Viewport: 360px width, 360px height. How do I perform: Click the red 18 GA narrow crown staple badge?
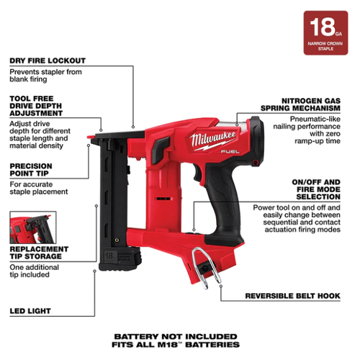[x=325, y=33]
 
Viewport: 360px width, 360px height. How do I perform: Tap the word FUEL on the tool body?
[x=230, y=152]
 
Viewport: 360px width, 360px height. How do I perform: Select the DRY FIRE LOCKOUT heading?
[x=48, y=60]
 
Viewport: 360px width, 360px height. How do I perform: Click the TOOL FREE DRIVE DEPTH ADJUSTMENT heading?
[x=36, y=106]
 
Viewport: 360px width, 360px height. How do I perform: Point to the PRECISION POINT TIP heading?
[x=31, y=170]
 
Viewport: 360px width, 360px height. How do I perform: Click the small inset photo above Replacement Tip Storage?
[x=33, y=228]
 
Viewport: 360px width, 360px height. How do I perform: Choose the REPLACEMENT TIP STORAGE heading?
[x=39, y=253]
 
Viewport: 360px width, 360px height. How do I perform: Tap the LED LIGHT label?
[x=30, y=311]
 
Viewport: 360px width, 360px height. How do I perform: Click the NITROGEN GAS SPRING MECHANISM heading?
[x=300, y=104]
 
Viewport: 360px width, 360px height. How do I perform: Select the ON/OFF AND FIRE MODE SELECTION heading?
[x=316, y=189]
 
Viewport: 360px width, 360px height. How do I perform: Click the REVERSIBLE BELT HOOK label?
[x=292, y=296]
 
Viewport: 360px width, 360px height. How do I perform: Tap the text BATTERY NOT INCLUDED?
[x=176, y=336]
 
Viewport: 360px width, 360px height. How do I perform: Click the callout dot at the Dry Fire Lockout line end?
[x=133, y=127]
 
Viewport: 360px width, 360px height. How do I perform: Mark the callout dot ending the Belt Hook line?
[x=221, y=286]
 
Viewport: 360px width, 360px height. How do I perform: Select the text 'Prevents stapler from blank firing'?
[x=45, y=76]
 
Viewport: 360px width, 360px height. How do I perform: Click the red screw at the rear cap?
[x=255, y=163]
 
